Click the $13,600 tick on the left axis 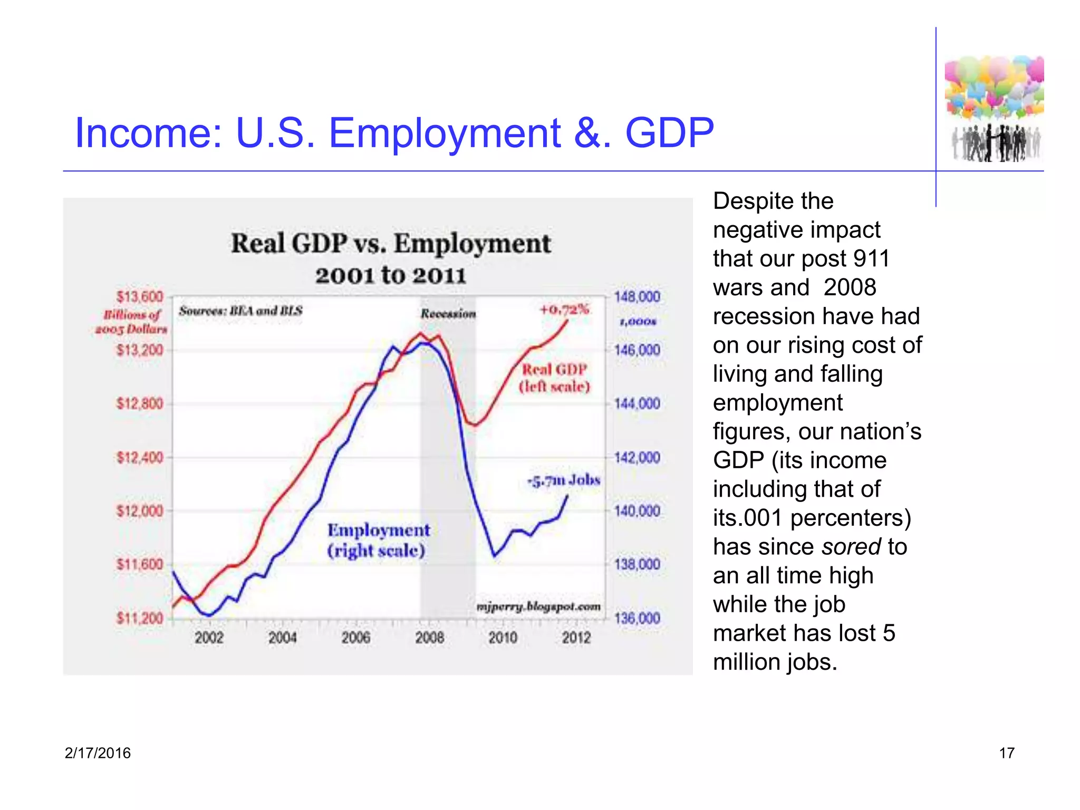coord(140,297)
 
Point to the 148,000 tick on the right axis coord(637,297)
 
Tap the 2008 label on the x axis coord(429,638)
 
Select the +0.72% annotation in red coord(564,310)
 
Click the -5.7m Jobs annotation coord(564,480)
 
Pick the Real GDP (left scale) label coord(554,378)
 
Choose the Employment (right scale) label coord(378,540)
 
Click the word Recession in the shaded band coord(448,314)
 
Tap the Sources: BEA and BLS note coord(240,311)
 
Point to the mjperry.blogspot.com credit coord(538,606)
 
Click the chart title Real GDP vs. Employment coord(391,244)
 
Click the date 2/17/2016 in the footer coord(98,753)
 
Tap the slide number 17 coord(1006,753)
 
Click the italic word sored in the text coord(851,547)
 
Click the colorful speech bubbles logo coord(994,87)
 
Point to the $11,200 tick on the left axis coord(140,618)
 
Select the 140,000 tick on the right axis coord(637,511)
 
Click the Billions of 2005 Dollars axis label coord(132,322)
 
